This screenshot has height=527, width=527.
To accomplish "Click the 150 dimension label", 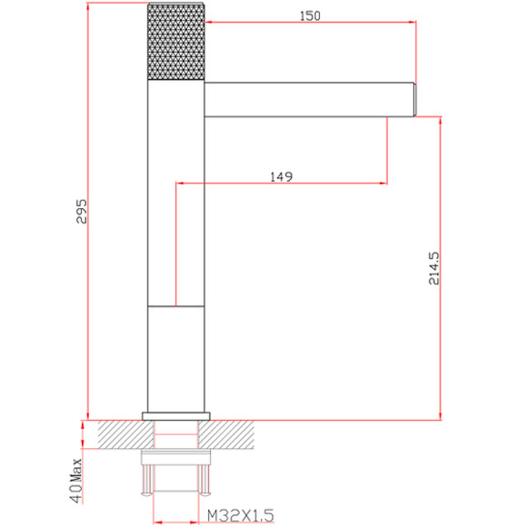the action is point(310,15).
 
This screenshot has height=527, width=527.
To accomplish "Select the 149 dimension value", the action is point(282,176).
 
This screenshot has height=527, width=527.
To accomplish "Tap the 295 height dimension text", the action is point(82,212).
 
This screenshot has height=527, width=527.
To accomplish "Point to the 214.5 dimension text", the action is point(433,269).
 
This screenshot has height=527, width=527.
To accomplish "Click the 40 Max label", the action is point(76,481).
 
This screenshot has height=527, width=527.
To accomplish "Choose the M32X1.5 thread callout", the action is point(240,515).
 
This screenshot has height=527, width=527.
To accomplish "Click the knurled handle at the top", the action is point(175,42).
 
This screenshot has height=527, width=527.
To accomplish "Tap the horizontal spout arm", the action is point(309,99).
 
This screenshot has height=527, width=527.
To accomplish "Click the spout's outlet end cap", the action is point(415,100).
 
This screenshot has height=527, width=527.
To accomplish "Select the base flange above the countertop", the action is point(176,416).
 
